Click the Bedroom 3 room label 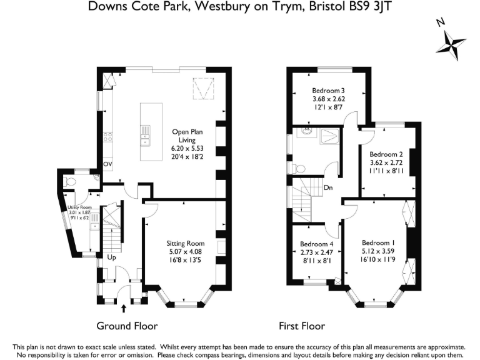pyautogui.click(x=328, y=91)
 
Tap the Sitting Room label pyautogui.click(x=185, y=243)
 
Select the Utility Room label pyautogui.click(x=79, y=207)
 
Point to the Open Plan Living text pyautogui.click(x=187, y=136)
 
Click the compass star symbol pyautogui.click(x=451, y=45)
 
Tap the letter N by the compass pyautogui.click(x=441, y=22)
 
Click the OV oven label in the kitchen pyautogui.click(x=107, y=164)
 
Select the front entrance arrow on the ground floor pyautogui.click(x=124, y=308)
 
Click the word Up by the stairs pyautogui.click(x=111, y=257)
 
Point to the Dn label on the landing pyautogui.click(x=328, y=187)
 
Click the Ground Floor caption pyautogui.click(x=127, y=326)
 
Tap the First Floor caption pyautogui.click(x=302, y=326)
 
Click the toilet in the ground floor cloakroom pyautogui.click(x=69, y=182)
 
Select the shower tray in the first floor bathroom pyautogui.click(x=329, y=136)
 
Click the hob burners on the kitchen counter pyautogui.click(x=107, y=137)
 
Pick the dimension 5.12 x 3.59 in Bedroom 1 pyautogui.click(x=378, y=251)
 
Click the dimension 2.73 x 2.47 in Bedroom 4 pyautogui.click(x=316, y=252)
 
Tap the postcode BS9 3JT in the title pyautogui.click(x=371, y=6)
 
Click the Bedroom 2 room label pyautogui.click(x=386, y=154)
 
